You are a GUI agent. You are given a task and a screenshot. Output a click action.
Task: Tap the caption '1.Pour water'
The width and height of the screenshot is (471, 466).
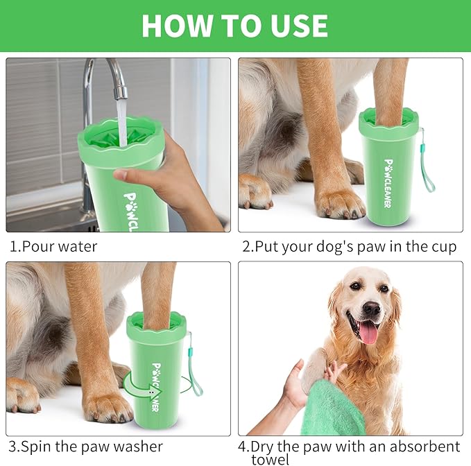pos(53,246)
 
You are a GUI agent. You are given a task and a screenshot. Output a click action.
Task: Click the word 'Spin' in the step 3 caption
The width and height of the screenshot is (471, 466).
pos(41,447)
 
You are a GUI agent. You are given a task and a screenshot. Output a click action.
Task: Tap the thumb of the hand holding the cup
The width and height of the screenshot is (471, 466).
pos(124,175)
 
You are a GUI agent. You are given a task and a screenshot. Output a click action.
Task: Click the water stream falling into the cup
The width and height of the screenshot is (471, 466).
pos(122,118)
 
